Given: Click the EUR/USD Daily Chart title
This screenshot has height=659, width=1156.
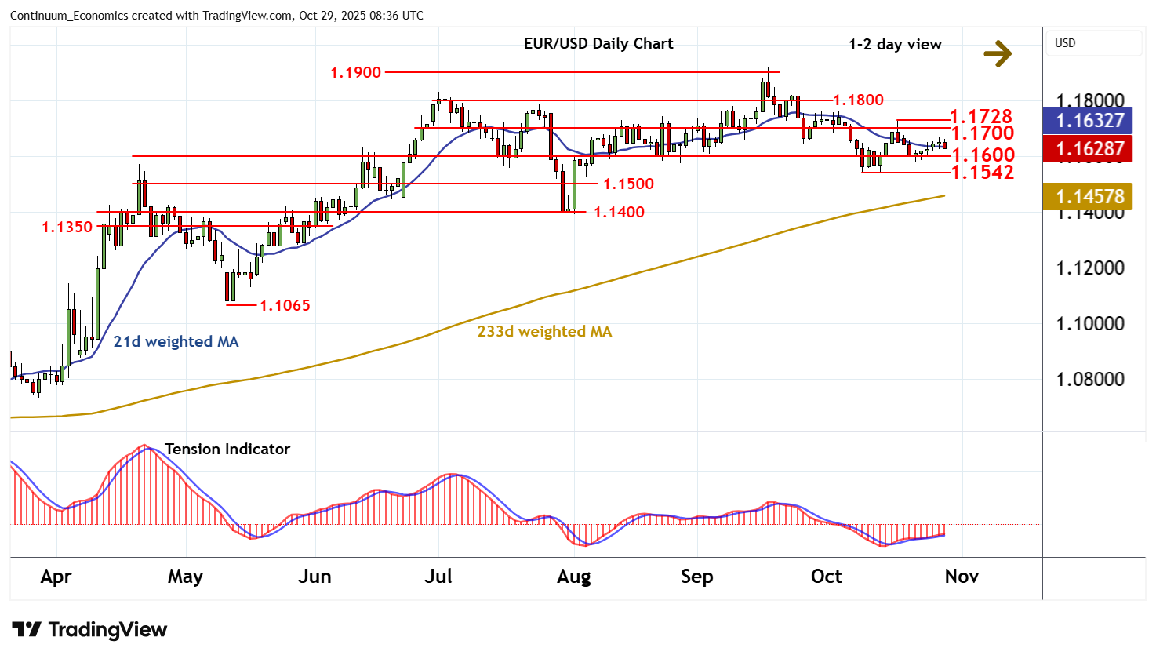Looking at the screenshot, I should click(x=598, y=44).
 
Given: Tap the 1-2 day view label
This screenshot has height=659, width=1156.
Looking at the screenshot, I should click(x=895, y=45).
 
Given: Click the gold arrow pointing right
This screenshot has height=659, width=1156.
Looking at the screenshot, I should click(x=998, y=53).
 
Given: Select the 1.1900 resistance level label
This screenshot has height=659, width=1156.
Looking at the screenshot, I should click(x=355, y=72).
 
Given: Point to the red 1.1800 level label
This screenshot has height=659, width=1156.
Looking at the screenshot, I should click(x=858, y=100).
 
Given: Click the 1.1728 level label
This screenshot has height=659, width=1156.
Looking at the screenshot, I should click(x=981, y=117).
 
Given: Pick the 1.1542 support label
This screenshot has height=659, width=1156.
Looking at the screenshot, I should click(x=983, y=172).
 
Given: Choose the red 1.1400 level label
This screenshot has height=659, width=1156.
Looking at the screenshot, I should click(x=619, y=212).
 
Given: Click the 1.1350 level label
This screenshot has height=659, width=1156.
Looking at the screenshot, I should click(x=67, y=227).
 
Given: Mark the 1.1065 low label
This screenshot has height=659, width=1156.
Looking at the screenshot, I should click(x=285, y=305).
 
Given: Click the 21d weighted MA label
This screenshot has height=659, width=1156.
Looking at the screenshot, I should click(x=176, y=341).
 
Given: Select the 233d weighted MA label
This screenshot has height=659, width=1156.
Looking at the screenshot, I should click(x=544, y=331).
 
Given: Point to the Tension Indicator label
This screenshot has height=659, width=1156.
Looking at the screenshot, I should click(x=227, y=449).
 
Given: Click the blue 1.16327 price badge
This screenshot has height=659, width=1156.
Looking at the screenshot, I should click(x=1089, y=120).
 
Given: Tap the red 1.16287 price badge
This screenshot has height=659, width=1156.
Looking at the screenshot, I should click(x=1089, y=148).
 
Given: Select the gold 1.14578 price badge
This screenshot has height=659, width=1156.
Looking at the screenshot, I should click(x=1089, y=196).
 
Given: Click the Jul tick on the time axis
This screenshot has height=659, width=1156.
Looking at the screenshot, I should click(x=438, y=577).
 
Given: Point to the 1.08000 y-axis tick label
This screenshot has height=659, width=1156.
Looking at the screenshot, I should click(x=1090, y=379).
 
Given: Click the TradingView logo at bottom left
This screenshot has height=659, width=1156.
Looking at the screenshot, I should click(x=89, y=630).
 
